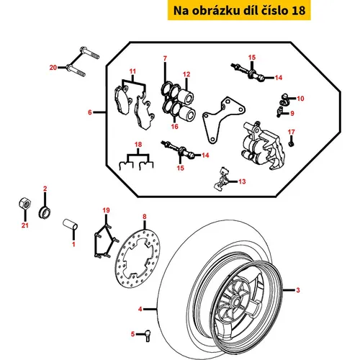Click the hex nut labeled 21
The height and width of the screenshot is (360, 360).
point(24,204)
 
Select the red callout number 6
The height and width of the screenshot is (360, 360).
point(90,112)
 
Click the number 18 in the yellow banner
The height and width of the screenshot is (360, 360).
point(298,11)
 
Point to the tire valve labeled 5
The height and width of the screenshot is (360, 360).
point(148,335)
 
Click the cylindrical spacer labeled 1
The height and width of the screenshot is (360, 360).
point(71,225)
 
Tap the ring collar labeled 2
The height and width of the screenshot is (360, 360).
point(45,212)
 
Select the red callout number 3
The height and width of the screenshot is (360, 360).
point(298,290)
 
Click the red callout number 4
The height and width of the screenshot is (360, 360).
point(140,309)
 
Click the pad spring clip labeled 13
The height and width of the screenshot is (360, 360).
point(221,179)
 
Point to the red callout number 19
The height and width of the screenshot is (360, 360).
point(106,210)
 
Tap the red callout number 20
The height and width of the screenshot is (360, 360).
point(53,68)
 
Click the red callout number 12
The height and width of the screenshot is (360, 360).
point(186,74)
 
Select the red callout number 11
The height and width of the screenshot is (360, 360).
point(132,71)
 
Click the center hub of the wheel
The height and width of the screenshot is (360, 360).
point(235,301)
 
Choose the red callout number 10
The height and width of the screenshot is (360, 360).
point(300,99)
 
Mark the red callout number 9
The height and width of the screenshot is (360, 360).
point(292,113)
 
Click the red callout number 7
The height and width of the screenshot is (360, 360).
point(165,58)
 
